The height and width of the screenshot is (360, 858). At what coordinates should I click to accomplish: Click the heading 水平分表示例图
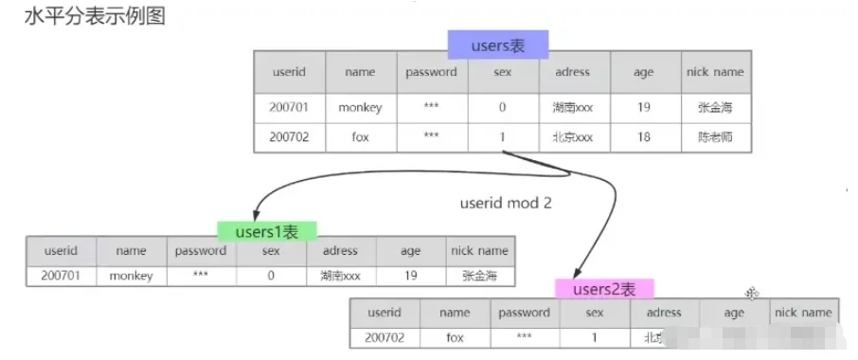pos(95,16)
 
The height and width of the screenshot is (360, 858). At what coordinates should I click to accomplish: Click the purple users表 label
pos(498,44)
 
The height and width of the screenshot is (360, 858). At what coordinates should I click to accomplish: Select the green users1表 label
pos(267,230)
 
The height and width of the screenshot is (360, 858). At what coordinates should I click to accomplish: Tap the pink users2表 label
pos(604,289)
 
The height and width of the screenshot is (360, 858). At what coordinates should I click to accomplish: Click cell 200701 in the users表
pos(289,107)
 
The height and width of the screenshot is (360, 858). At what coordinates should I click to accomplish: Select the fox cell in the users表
pos(360,136)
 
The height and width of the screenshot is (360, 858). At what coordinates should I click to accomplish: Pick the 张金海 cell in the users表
pos(715,107)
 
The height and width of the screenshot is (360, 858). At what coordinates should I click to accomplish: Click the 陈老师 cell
pos(715,136)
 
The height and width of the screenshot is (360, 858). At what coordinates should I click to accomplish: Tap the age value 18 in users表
pos(644,136)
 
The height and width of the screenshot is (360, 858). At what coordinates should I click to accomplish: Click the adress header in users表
pos(572,72)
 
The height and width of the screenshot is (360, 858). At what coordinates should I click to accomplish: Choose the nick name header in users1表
pos(479,251)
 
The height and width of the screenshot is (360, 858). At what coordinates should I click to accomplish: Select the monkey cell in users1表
pos(131,276)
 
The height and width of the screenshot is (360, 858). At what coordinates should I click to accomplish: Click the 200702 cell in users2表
pos(384,336)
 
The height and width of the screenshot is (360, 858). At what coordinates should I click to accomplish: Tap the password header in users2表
pos(524,312)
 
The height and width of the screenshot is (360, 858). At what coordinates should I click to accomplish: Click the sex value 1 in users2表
pos(595,336)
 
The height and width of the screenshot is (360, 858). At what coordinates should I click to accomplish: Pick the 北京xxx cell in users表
pos(572,136)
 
